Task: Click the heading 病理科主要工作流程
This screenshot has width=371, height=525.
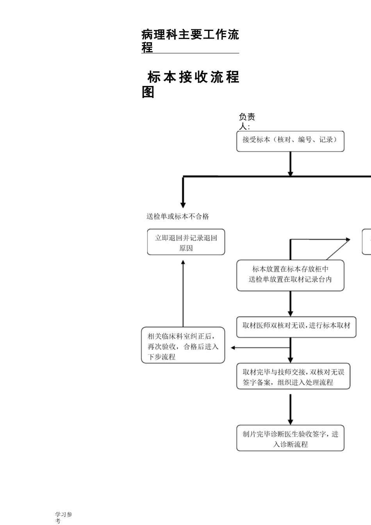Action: tap(190, 41)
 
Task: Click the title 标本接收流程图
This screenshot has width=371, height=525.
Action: tap(190, 84)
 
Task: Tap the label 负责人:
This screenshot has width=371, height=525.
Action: tap(246, 121)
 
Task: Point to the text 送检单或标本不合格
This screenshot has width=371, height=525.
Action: tap(178, 216)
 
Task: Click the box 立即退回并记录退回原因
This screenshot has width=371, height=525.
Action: tap(186, 243)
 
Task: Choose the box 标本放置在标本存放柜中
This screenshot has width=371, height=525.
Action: tap(290, 275)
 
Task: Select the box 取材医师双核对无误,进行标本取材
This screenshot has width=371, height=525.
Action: tap(296, 327)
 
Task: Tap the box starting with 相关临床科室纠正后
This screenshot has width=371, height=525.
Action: tap(183, 345)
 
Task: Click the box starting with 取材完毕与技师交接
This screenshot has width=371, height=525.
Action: tap(293, 376)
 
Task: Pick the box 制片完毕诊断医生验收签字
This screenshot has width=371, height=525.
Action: tap(290, 438)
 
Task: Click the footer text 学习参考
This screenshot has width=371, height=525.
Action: tap(63, 518)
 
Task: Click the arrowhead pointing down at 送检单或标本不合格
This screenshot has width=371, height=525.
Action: tap(183, 204)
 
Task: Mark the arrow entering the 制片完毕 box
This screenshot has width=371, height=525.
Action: tap(290, 409)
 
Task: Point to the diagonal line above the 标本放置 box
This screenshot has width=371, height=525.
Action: tap(338, 250)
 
